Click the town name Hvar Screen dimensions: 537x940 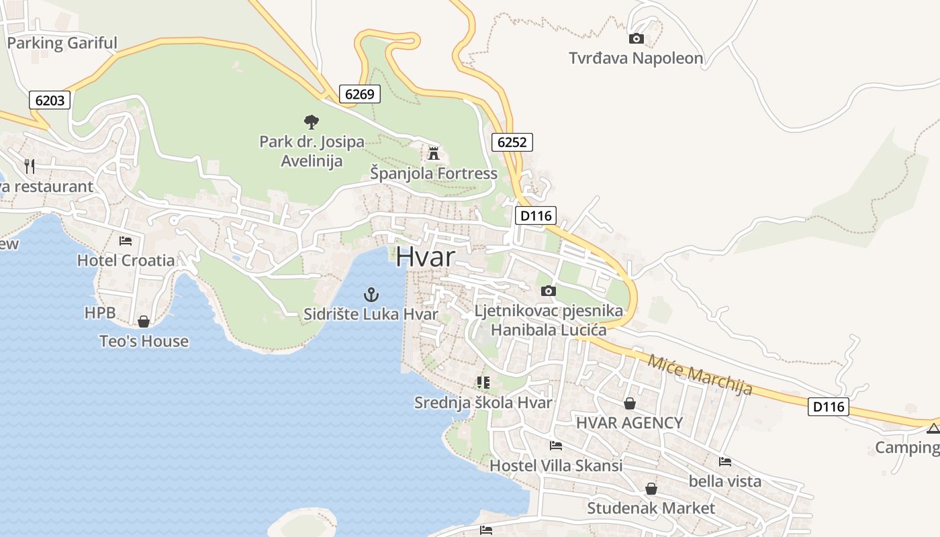coord(426,257)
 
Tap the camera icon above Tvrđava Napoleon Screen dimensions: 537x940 coord(636,39)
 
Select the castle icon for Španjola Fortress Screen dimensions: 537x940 coord(434,154)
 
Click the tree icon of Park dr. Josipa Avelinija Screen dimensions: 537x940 coord(311,121)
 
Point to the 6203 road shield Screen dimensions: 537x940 coord(50,101)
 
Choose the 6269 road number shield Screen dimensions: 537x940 coord(359,94)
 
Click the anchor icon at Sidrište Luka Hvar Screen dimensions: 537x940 coord(371,294)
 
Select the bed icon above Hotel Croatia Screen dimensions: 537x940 coord(126,240)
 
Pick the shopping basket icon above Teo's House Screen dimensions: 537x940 coord(143,322)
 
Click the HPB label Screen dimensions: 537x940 coord(100,313)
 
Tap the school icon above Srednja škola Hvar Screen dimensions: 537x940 coord(483,383)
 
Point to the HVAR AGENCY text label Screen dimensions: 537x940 coord(629,423)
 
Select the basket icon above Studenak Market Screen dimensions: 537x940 coord(651,489)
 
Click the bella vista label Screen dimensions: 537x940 coord(725,481)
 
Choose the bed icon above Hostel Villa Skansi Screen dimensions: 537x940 coord(555,445)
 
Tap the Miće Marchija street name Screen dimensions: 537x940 coord(700,375)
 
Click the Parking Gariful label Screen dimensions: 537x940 coord(62,44)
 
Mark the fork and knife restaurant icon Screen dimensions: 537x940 coord(29,166)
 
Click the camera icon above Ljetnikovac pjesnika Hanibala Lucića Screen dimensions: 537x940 coord(549,291)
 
